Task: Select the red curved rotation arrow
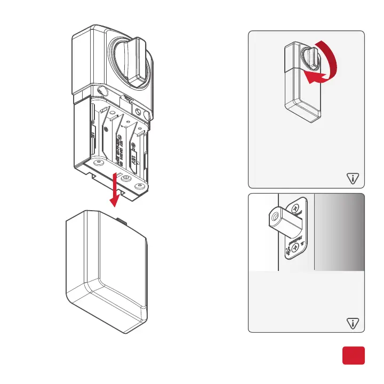click(x=327, y=67)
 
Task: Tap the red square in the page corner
click(x=353, y=356)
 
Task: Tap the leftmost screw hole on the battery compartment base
click(x=98, y=162)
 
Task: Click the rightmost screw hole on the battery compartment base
click(x=140, y=186)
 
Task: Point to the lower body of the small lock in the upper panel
click(x=302, y=101)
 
